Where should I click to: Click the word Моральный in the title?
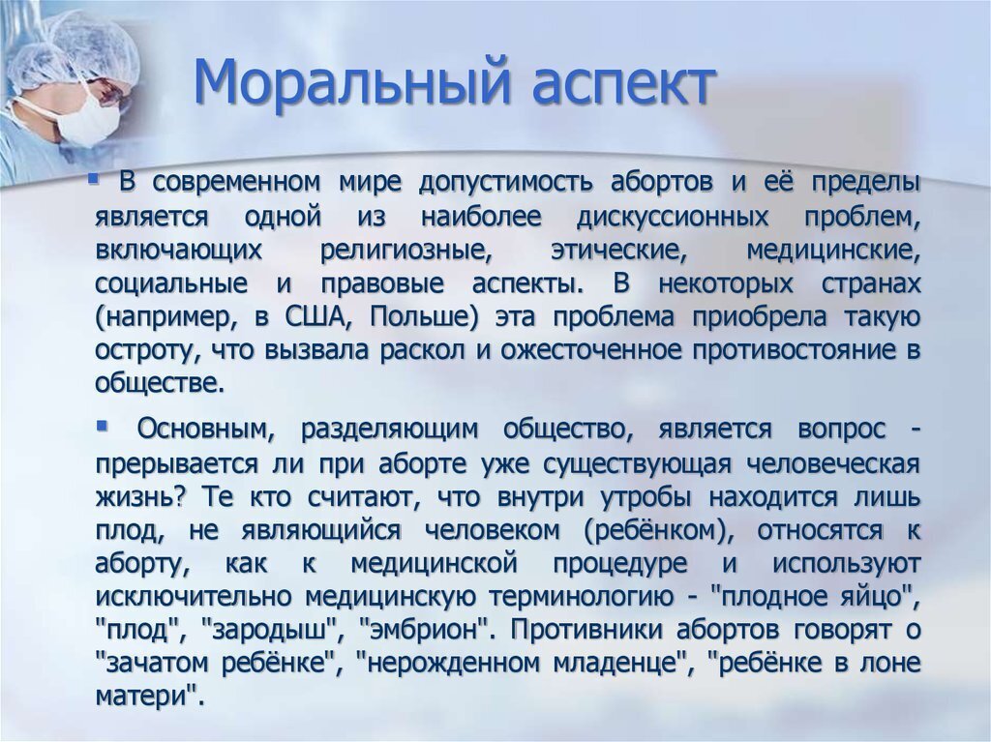[x=350, y=83]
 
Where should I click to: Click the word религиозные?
[x=405, y=251]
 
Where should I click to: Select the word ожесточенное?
[x=591, y=350]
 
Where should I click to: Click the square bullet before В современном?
[x=94, y=180]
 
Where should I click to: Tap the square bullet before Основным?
[x=102, y=426]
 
